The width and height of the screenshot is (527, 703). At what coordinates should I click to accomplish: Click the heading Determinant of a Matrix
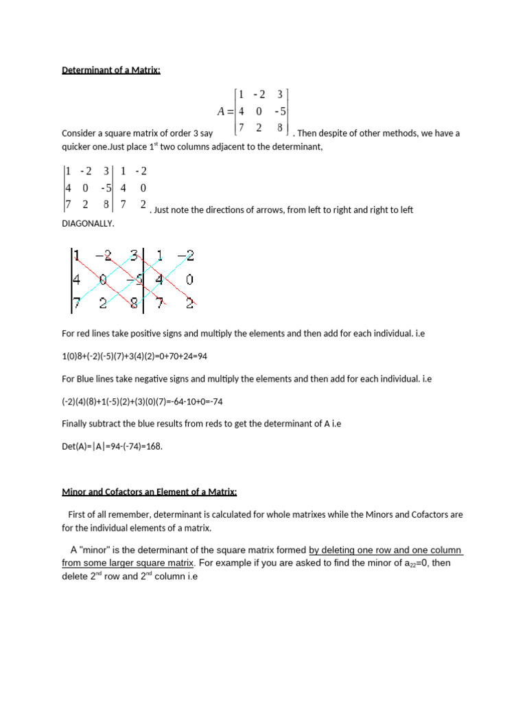coord(111,69)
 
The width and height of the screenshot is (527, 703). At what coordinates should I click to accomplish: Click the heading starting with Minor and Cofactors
coord(150,492)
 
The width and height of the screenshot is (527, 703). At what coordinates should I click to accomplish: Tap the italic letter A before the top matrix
coord(222,111)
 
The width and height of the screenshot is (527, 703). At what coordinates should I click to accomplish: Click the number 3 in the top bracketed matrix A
coord(280,95)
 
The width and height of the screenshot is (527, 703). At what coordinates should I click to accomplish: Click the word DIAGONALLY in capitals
coord(89,224)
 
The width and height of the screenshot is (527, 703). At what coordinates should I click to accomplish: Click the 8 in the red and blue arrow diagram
coord(135,303)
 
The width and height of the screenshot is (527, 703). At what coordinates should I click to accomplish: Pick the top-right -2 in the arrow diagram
coord(185,256)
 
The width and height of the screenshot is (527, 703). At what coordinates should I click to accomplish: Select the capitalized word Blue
coord(86,378)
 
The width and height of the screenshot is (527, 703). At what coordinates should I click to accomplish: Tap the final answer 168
coord(153,446)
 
